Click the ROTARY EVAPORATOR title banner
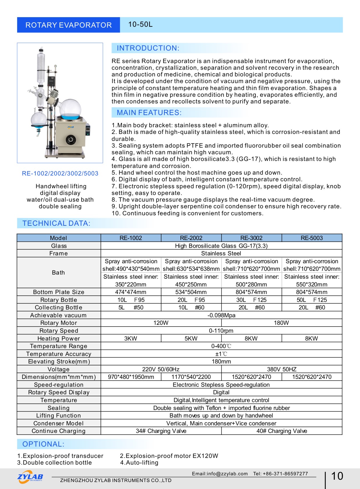click(69, 25)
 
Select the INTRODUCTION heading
click(148, 48)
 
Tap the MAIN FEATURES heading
click(149, 113)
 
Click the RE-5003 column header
click(312, 238)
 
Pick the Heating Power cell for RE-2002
click(191, 338)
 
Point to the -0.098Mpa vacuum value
click(221, 315)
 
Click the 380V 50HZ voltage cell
click(282, 369)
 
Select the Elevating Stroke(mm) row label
click(59, 361)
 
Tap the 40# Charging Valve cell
click(282, 431)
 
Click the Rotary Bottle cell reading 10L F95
click(131, 300)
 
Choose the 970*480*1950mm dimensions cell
click(131, 377)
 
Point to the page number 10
click(337, 476)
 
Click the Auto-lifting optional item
click(139, 463)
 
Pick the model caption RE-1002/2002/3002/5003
click(60, 173)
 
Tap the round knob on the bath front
click(70, 140)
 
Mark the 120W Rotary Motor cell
click(161, 323)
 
